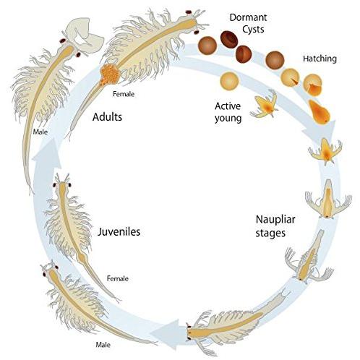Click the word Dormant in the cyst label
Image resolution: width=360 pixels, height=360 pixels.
coord(248,17)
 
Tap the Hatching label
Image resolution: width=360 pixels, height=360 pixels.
coord(320,59)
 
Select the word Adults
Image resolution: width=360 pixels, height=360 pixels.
coord(107,117)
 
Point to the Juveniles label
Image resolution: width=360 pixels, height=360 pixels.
coord(119,231)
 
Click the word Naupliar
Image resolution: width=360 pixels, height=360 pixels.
coord(275,220)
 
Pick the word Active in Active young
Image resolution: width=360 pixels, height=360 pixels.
coord(228,106)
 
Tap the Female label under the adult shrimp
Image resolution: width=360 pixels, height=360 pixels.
coord(124,94)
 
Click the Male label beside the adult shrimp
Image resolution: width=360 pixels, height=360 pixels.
coord(40,132)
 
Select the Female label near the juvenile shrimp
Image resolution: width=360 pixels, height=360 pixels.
coord(118,278)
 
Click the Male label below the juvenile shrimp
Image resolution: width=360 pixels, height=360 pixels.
coord(103,345)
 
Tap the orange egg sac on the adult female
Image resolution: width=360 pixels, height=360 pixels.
coord(110,73)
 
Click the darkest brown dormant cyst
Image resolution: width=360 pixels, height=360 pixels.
coord(229,40)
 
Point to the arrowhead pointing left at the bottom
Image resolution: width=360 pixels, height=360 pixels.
coord(165,334)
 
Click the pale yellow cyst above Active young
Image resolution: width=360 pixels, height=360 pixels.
coord(229,81)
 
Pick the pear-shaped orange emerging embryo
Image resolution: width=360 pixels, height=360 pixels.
coord(320,112)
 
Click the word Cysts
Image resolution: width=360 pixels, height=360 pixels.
coord(253,30)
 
